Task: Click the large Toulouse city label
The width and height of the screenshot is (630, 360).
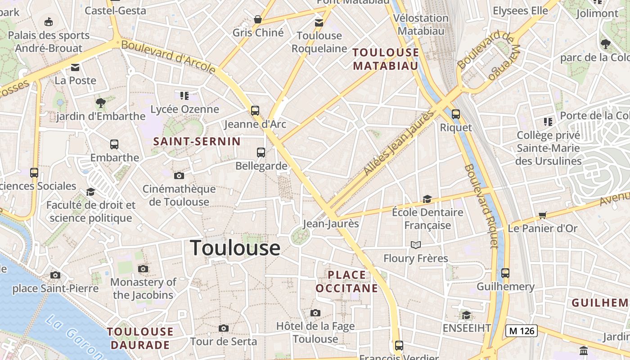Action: (235, 248)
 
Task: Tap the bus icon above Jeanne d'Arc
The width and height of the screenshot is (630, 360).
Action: (255, 110)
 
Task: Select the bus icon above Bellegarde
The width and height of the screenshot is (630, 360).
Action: (261, 152)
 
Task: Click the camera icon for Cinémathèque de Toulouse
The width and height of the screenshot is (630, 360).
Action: (179, 175)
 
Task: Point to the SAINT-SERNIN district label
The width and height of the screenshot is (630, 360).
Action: (197, 141)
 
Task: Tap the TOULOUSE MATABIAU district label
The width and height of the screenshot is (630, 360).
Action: (386, 59)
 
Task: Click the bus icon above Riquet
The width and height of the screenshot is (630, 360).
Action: (456, 114)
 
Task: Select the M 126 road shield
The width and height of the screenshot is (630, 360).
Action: (522, 331)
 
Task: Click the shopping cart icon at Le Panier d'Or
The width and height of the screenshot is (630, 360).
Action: (542, 215)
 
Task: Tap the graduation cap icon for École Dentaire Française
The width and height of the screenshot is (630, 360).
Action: (427, 199)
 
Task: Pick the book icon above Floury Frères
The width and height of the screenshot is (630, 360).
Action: (416, 245)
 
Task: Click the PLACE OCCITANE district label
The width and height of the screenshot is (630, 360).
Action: (346, 281)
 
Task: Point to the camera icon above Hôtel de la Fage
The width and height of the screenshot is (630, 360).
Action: (315, 313)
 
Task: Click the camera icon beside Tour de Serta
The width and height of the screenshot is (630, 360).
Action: (224, 328)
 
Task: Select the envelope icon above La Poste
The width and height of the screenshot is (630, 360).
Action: (75, 67)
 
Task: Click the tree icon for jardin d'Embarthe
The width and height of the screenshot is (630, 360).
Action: (101, 103)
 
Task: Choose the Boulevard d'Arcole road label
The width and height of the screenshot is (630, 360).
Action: (168, 57)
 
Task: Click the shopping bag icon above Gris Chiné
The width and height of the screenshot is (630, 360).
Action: (258, 19)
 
